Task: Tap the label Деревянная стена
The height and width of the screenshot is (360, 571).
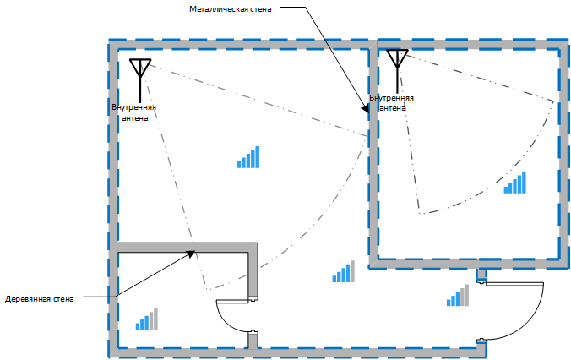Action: click(40, 299)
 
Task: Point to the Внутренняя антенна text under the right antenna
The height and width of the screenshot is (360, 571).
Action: click(397, 103)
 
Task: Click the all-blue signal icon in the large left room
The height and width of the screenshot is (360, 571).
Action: click(248, 157)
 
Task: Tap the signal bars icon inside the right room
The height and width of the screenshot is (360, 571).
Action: click(514, 183)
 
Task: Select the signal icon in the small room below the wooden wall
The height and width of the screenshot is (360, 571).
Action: click(146, 319)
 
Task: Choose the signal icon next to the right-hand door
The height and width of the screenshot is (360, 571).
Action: click(459, 295)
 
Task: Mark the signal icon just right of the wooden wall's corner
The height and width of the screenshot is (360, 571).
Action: click(343, 271)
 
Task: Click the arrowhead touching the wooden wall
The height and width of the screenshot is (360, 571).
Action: click(192, 252)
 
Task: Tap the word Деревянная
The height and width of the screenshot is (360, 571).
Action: click(27, 299)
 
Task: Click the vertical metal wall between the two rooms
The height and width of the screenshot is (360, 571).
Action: click(372, 152)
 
